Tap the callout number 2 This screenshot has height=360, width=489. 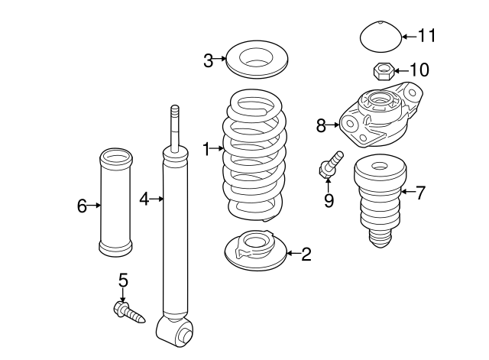[306, 255]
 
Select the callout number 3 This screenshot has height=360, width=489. [209, 60]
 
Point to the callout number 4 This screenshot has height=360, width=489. [144, 199]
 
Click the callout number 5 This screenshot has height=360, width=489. [123, 281]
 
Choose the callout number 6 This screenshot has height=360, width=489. [82, 205]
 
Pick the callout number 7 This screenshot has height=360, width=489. [420, 192]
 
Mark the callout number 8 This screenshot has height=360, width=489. [321, 123]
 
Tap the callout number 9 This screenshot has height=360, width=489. [329, 200]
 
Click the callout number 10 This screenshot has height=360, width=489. [419, 70]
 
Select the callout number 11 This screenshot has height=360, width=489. [426, 35]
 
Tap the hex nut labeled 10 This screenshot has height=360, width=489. [382, 71]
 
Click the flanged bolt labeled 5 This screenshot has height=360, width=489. [128, 311]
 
